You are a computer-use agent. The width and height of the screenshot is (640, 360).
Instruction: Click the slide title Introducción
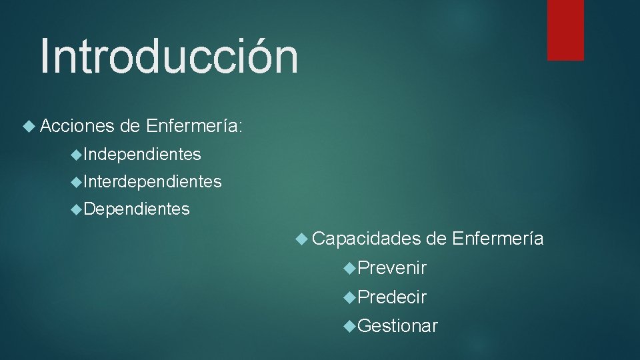[169, 57]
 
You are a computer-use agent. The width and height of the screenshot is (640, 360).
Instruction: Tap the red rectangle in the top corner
[565, 30]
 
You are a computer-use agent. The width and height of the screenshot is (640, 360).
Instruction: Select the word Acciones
[77, 125]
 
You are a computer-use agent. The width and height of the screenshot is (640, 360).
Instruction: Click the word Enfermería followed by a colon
[193, 125]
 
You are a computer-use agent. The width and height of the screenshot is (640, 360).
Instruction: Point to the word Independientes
[142, 155]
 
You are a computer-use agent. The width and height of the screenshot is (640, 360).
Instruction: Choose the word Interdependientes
[153, 181]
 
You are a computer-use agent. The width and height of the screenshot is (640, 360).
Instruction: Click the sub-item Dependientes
[137, 209]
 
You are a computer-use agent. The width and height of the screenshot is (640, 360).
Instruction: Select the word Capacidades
[366, 238]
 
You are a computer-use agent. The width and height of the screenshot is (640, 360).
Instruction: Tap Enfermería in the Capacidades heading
[497, 238]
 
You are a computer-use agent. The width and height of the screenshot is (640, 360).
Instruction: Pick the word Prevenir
[392, 268]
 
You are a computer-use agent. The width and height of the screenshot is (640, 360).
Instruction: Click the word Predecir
[392, 297]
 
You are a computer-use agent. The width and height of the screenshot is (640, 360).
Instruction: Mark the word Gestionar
[398, 325]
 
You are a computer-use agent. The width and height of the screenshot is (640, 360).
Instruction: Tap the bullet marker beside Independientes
[77, 155]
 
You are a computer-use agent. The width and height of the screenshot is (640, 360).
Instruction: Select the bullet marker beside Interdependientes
[77, 182]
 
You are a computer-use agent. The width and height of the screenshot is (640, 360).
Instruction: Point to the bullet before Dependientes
[77, 210]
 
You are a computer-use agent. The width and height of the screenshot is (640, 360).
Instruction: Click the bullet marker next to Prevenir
[351, 269]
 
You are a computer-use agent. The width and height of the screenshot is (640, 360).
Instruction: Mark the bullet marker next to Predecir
[351, 297]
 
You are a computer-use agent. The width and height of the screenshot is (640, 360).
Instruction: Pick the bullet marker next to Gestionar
[351, 326]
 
